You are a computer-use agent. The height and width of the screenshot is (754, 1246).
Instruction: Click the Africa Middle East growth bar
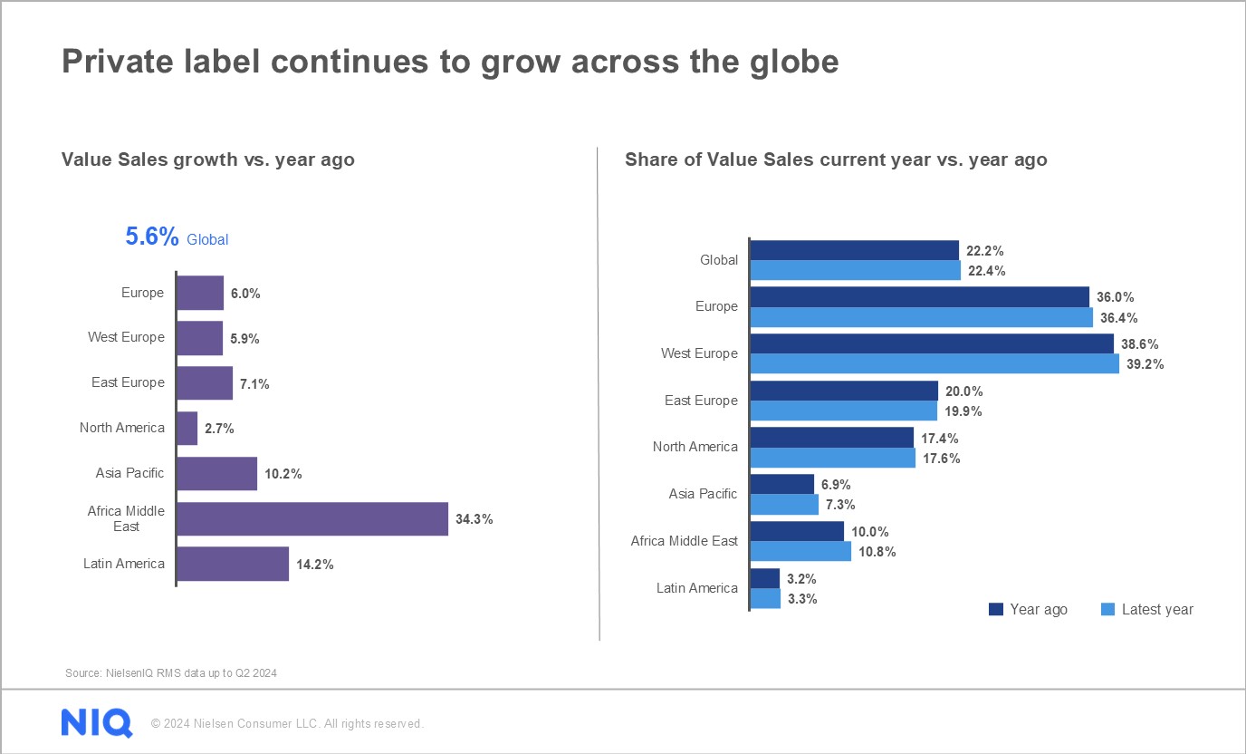tap(311, 519)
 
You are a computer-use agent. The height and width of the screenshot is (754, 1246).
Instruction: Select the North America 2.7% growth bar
tap(187, 429)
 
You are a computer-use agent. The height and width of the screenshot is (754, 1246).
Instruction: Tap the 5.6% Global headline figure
tap(152, 237)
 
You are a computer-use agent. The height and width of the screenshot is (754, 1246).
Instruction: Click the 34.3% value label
tap(474, 519)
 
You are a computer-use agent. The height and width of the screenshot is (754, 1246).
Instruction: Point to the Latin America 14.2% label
tap(314, 565)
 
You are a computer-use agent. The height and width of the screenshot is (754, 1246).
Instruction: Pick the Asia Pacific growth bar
tap(216, 474)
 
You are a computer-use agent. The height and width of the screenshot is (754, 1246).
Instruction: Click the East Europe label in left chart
tap(128, 382)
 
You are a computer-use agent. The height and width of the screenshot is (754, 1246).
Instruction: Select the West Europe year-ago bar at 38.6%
tap(932, 343)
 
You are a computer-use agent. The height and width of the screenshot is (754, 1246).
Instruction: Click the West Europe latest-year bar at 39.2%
tap(934, 363)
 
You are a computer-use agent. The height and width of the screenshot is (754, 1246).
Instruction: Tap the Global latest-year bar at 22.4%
tap(855, 270)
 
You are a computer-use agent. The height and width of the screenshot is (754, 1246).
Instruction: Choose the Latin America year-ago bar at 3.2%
tap(765, 578)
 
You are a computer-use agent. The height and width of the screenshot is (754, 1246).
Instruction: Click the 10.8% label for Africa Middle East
tap(877, 552)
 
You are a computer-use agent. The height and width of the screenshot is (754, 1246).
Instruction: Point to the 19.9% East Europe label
tap(963, 411)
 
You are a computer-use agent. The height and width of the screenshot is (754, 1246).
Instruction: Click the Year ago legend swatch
tap(996, 610)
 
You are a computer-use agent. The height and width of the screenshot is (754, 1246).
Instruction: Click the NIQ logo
tap(97, 723)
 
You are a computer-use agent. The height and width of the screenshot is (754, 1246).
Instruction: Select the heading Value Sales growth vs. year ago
tap(207, 159)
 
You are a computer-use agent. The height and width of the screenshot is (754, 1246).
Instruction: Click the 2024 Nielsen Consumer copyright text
tap(287, 724)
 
